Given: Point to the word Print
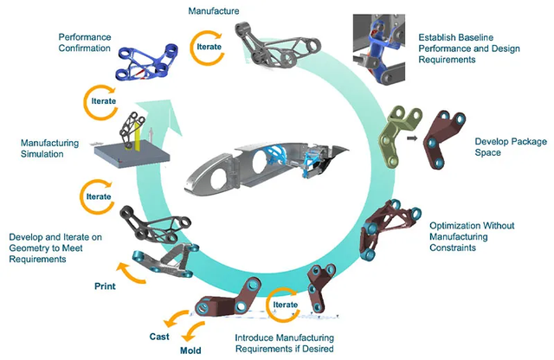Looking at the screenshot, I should (106, 284).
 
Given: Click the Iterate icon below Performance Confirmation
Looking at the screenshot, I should (99, 101).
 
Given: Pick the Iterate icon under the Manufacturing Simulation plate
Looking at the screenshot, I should (98, 196).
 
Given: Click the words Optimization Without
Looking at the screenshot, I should (466, 223).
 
